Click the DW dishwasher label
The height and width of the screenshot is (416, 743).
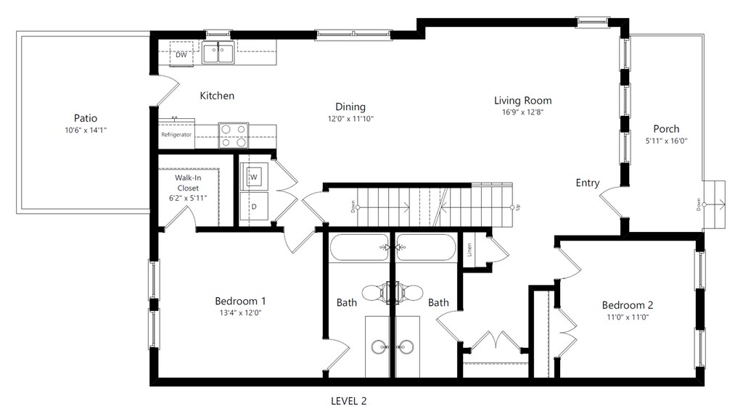[181, 55]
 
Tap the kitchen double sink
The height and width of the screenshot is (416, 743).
[218, 52]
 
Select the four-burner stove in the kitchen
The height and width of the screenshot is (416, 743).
[233, 136]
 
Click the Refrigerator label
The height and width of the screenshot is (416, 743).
[176, 134]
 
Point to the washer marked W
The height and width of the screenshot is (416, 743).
[254, 177]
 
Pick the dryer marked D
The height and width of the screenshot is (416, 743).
[254, 207]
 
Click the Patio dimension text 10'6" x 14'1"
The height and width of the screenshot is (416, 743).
[86, 130]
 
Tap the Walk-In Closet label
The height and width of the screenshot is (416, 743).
[188, 183]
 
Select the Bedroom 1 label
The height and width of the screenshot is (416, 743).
[240, 301]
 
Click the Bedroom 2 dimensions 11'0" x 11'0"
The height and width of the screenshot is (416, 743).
[628, 317]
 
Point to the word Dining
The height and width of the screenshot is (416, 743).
[350, 107]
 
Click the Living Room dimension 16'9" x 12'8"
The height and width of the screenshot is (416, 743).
[522, 112]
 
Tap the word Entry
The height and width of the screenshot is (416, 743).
[588, 183]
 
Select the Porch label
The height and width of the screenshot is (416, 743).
[666, 129]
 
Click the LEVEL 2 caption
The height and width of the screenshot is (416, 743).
[349, 402]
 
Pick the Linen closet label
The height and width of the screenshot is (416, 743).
[469, 250]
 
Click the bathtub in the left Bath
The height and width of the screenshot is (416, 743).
[358, 247]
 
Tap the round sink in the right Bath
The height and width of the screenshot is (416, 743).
[406, 346]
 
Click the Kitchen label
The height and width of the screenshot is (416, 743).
[217, 96]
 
